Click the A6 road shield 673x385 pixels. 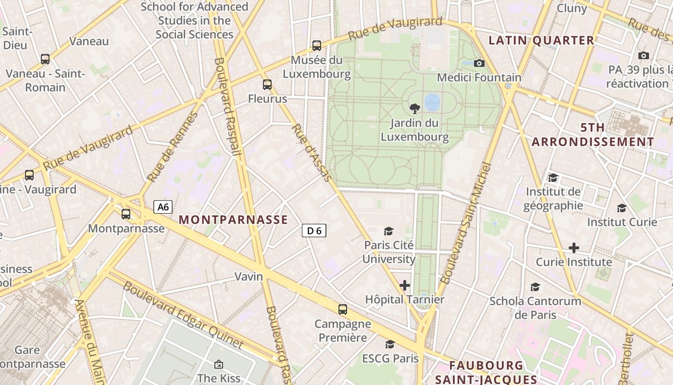[x=163, y=207]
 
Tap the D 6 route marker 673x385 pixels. [x=314, y=231]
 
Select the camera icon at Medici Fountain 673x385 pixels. [x=479, y=63]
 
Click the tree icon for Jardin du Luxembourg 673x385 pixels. [x=414, y=109]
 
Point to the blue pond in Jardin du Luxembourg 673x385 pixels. [x=432, y=102]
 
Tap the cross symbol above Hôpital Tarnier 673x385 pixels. [x=405, y=285]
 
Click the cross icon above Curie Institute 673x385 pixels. [x=573, y=248]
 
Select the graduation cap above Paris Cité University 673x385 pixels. [x=388, y=231]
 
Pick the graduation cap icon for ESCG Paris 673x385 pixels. [x=390, y=345]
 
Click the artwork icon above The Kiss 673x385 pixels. [x=219, y=364]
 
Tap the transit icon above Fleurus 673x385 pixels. [x=267, y=85]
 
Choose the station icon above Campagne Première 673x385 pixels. [x=342, y=309]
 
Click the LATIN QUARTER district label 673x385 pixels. [x=541, y=40]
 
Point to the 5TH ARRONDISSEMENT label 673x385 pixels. [x=593, y=135]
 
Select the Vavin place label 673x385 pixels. [x=249, y=276]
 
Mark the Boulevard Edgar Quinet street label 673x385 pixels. [x=183, y=315]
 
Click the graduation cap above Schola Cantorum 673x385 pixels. [x=535, y=287]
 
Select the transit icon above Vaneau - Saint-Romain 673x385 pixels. [x=45, y=59]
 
